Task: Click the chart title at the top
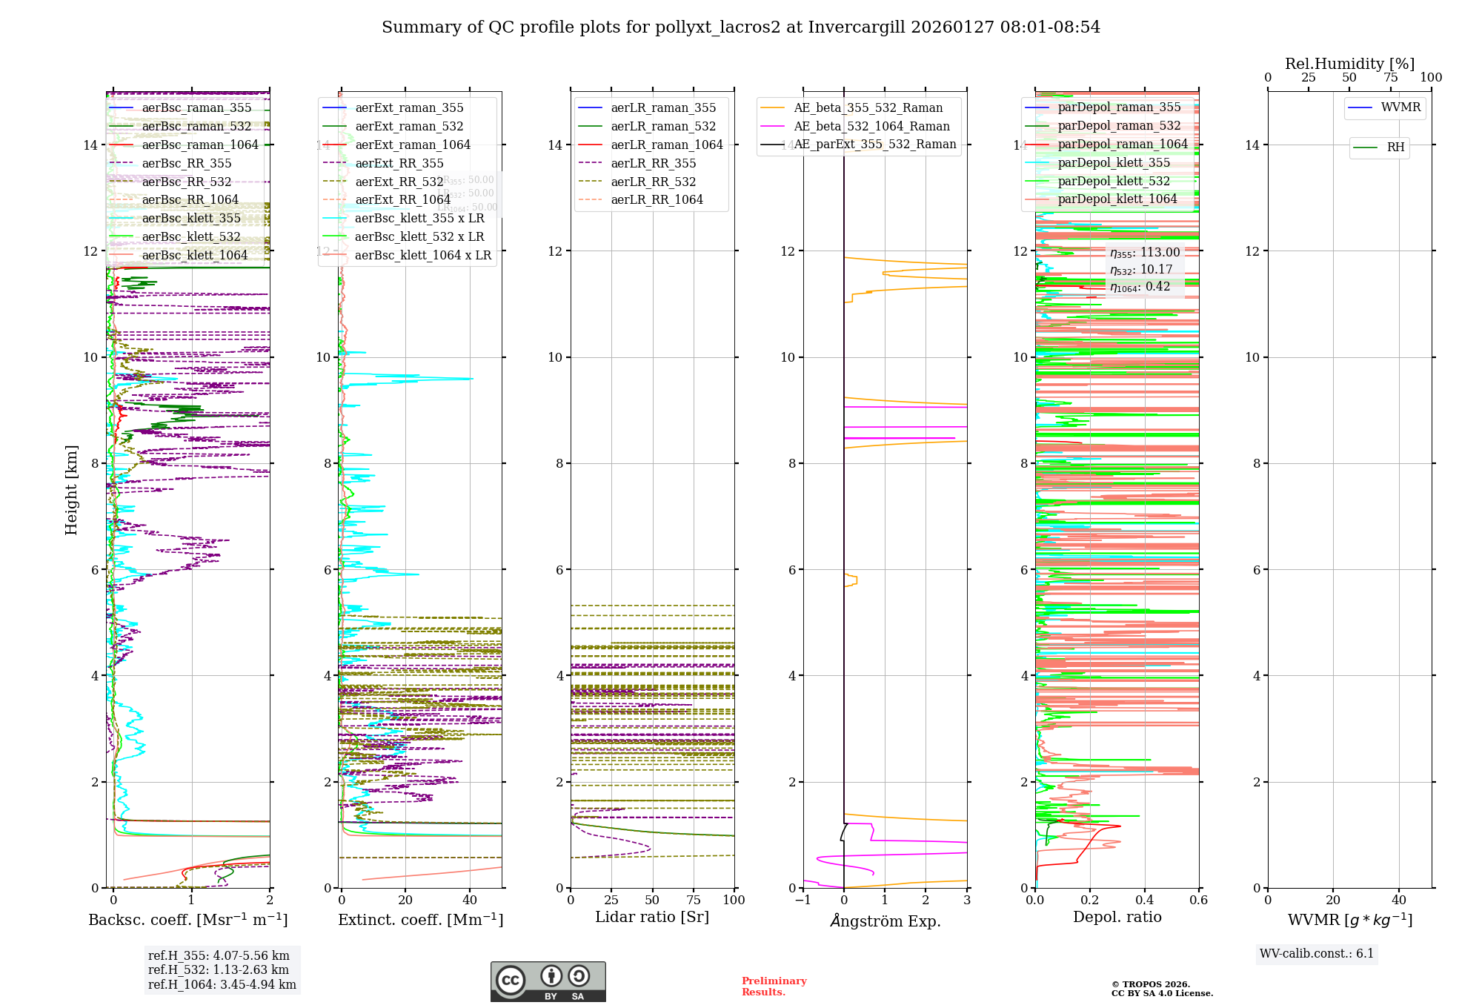point(741,27)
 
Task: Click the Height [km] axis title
point(71,489)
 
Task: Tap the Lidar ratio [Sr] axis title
point(652,918)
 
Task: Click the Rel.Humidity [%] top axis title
point(1349,64)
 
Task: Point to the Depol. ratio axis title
point(1117,918)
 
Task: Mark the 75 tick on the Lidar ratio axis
point(694,901)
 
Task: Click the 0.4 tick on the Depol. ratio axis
point(1144,901)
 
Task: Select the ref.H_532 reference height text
point(219,970)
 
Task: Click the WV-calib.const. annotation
point(1317,954)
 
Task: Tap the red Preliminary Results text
point(774,987)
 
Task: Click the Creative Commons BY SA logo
point(548,982)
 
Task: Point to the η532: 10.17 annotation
point(1141,270)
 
